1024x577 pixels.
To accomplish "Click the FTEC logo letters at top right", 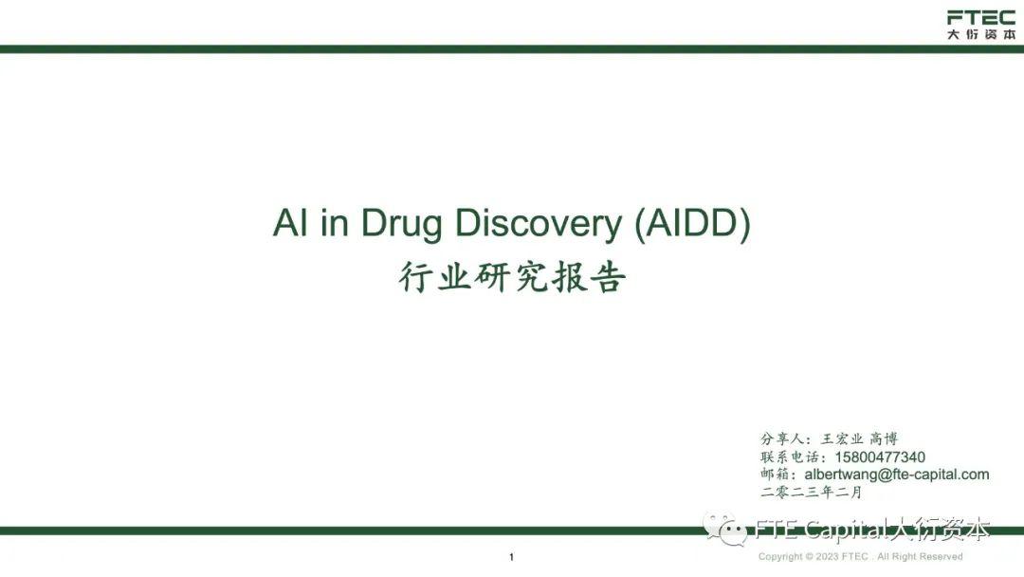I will coord(980,17).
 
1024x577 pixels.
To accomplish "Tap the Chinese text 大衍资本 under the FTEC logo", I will coord(980,34).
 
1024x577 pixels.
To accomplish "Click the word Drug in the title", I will coord(401,223).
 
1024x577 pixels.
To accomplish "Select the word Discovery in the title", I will coord(537,223).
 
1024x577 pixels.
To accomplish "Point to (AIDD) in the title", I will coord(691,223).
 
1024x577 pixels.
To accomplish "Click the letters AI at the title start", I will coord(287,223).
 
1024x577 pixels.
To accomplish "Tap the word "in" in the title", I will coord(331,223).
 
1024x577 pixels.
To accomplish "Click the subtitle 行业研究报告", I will coord(512,278).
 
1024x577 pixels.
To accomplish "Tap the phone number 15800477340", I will coord(880,456).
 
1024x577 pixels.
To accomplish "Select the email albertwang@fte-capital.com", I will coord(896,475).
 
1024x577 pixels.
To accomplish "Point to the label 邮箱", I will coord(777,475).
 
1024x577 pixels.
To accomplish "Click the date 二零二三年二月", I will coord(812,492).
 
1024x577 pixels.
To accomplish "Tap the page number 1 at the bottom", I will coord(511,557).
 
